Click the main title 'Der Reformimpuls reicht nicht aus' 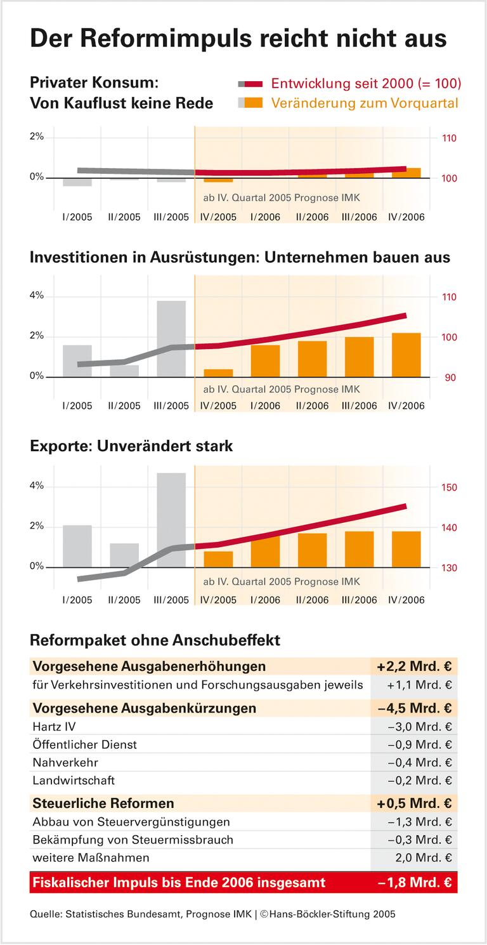coord(238,38)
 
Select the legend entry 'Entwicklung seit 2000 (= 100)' coord(366,84)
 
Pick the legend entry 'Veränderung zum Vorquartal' coord(365,103)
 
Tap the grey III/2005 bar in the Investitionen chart coord(171,338)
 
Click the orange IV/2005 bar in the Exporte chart coord(218,559)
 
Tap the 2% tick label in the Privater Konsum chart coord(36,136)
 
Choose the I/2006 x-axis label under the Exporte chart coord(265,600)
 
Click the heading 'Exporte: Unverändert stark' coord(131,446)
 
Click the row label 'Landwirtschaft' coord(74,781)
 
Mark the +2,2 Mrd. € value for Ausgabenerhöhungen coord(413,666)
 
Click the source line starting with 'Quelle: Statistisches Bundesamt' coord(212,915)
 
